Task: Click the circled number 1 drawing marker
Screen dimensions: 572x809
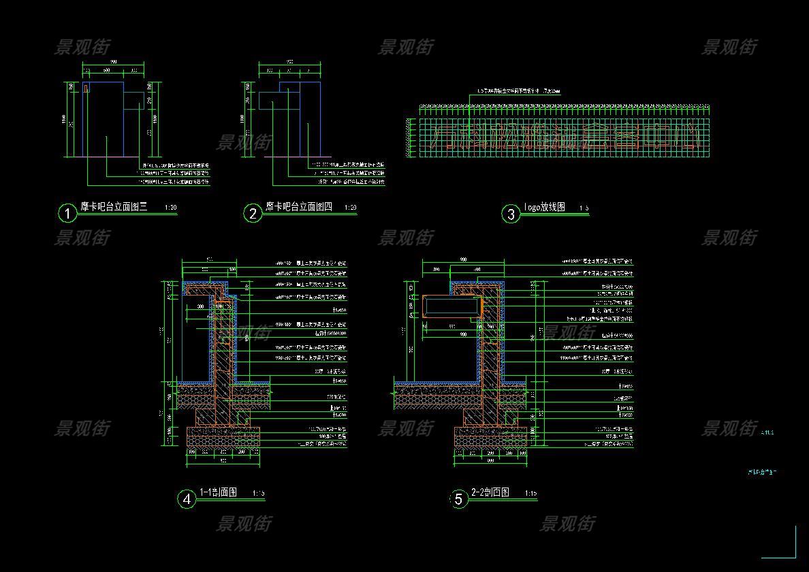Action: pos(67,214)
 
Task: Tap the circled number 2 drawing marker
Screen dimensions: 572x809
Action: pos(253,214)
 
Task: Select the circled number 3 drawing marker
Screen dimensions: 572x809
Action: pos(511,214)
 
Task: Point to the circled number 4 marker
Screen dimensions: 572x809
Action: pos(186,499)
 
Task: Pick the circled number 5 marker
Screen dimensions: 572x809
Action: pos(458,499)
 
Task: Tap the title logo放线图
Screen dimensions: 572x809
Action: pos(544,208)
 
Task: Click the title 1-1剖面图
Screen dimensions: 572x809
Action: pos(218,492)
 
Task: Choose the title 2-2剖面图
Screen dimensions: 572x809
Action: pos(490,492)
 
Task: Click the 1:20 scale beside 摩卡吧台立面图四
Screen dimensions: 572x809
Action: pos(351,208)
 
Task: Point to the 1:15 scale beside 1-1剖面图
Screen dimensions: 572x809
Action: pos(258,494)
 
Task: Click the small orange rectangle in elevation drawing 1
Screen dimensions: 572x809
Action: pos(86,88)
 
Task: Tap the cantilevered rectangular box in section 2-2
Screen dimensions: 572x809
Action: pos(450,306)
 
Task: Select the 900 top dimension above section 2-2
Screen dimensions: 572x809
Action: pos(463,259)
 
